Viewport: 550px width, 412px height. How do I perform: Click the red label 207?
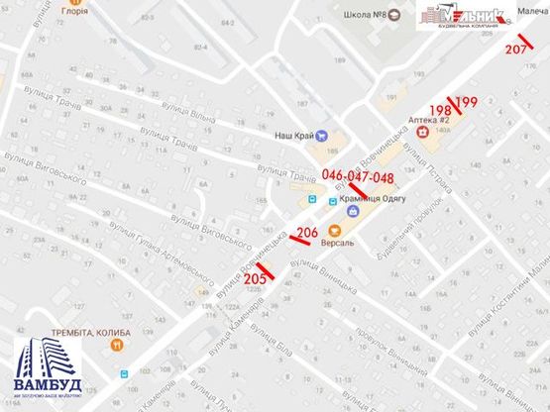515,49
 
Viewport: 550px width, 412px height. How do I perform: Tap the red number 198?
440,109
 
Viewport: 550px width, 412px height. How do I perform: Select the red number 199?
468,102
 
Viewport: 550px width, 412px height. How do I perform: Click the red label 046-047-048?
358,177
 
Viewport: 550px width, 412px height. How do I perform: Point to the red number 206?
307,234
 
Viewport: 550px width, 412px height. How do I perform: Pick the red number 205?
255,279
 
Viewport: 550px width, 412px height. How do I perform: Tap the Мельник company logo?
460,17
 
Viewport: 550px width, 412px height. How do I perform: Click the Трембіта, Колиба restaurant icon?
117,346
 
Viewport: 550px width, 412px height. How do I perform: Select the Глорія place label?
73,12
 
